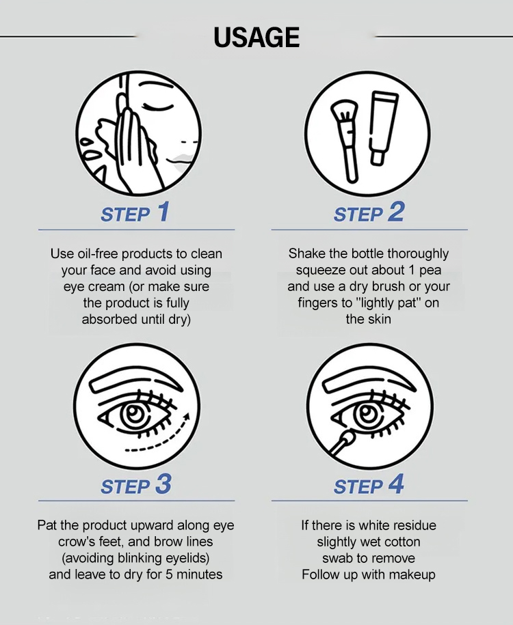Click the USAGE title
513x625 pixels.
[256, 38]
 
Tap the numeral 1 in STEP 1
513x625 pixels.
[163, 211]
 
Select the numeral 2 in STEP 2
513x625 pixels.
[396, 211]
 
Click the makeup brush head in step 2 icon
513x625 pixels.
[344, 111]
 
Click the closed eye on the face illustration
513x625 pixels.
[159, 107]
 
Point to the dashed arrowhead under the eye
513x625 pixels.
[185, 418]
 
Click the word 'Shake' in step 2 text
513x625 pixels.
[304, 253]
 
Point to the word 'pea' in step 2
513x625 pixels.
[430, 271]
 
